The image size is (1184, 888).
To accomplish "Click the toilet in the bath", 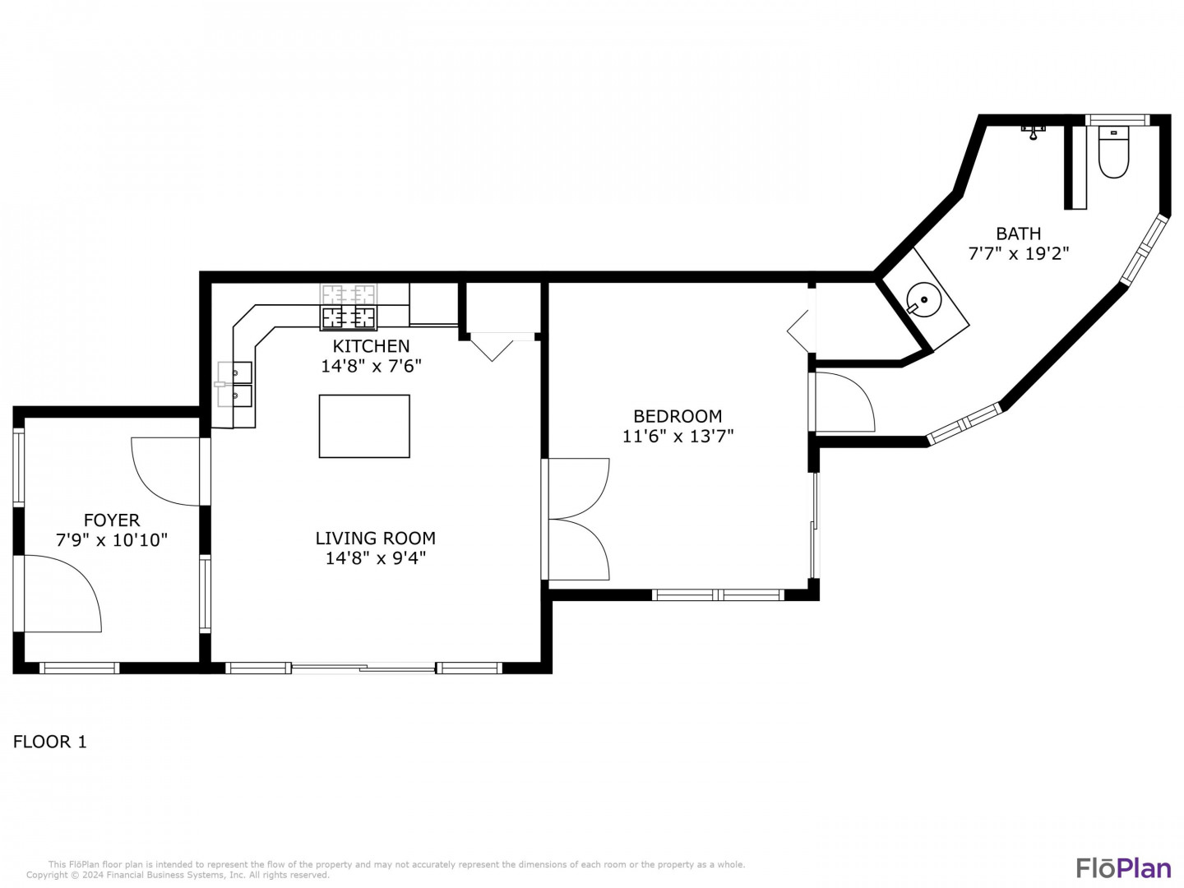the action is click(x=1113, y=151).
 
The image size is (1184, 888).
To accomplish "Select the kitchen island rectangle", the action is click(x=364, y=426).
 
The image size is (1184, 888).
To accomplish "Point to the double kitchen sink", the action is click(x=234, y=384).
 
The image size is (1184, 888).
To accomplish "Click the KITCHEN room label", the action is click(x=371, y=345).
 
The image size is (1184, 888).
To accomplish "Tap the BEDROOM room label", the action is click(x=678, y=416).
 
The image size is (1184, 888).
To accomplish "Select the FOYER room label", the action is click(x=112, y=520).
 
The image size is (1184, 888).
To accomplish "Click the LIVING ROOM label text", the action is click(x=376, y=538).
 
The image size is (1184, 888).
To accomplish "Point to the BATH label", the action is click(x=1019, y=234).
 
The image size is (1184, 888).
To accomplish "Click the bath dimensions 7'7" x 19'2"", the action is click(x=1019, y=253).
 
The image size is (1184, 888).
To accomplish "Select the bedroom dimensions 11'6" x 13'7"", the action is click(x=678, y=436).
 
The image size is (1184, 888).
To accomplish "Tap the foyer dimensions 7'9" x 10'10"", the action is click(x=112, y=539).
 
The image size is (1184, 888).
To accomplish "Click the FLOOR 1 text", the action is click(x=49, y=742).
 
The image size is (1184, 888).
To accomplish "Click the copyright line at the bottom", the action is click(x=178, y=875).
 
